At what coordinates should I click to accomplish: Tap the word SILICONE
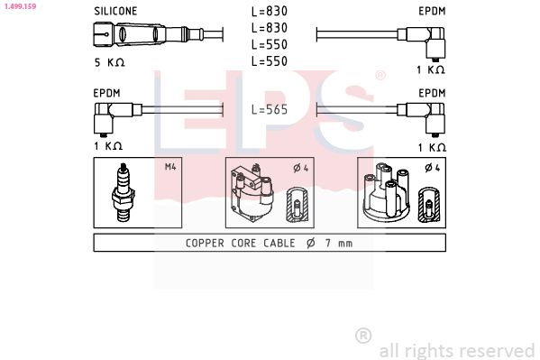[x=116, y=11]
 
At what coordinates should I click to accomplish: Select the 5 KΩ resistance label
[x=110, y=62]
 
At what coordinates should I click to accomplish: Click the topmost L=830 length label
[x=270, y=12]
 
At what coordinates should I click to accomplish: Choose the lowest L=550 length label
[x=270, y=61]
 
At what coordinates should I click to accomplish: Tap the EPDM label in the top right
[x=432, y=11]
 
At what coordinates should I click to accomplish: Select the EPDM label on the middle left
[x=107, y=92]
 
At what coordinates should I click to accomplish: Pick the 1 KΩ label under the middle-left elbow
[x=107, y=146]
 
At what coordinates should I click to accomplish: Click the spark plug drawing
[x=122, y=193]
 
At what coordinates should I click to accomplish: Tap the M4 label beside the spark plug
[x=170, y=167]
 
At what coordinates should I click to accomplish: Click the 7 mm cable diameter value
[x=340, y=243]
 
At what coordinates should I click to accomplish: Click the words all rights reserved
[x=457, y=350]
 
